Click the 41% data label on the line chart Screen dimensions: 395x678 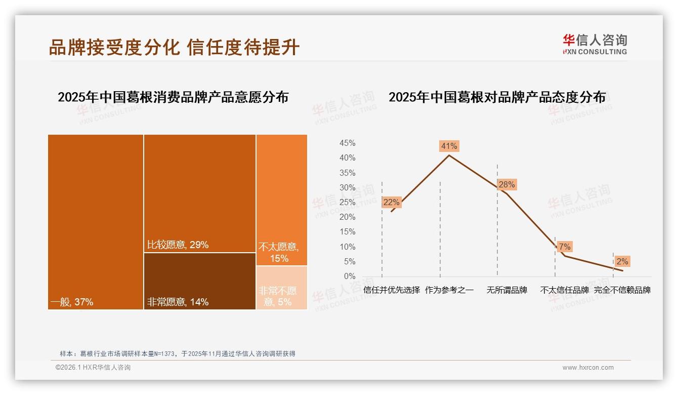click(449, 146)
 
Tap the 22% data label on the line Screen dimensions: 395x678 click(391, 202)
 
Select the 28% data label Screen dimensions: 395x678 click(506, 184)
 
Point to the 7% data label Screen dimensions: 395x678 click(565, 247)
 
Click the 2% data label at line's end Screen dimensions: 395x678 click(622, 261)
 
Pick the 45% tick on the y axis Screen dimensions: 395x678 click(347, 143)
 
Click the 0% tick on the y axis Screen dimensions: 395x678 click(350, 276)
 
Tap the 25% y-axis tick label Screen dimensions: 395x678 click(347, 203)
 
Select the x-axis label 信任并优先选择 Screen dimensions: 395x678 click(392, 290)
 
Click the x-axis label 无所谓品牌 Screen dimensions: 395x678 click(506, 290)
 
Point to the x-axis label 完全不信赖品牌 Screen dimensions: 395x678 click(622, 290)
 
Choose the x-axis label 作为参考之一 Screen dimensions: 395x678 click(449, 290)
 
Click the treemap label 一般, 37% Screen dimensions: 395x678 click(72, 302)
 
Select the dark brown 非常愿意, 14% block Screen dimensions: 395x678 click(199, 281)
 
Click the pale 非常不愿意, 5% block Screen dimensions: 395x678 click(281, 287)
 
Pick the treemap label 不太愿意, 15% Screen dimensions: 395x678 click(279, 253)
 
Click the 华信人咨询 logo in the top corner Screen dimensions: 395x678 click(595, 44)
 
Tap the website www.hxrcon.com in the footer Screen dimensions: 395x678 click(588, 368)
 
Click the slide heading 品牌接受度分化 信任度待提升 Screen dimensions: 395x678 click(174, 48)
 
